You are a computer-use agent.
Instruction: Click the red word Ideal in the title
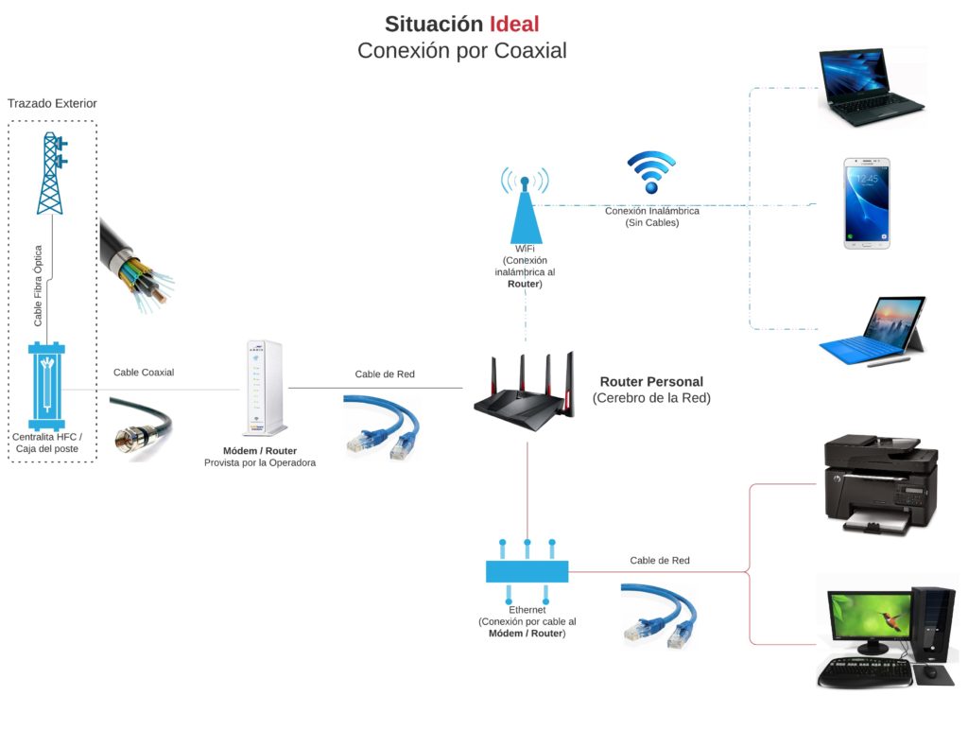(513, 24)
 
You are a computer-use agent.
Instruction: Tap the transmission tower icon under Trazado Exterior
(51, 174)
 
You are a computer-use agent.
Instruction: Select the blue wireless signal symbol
(651, 173)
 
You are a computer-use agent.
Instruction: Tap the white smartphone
(867, 203)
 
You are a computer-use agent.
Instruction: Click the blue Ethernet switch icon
(527, 570)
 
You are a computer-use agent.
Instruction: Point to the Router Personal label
(651, 382)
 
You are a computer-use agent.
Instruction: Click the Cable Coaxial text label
(144, 373)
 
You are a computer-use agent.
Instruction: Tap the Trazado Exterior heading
(52, 103)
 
